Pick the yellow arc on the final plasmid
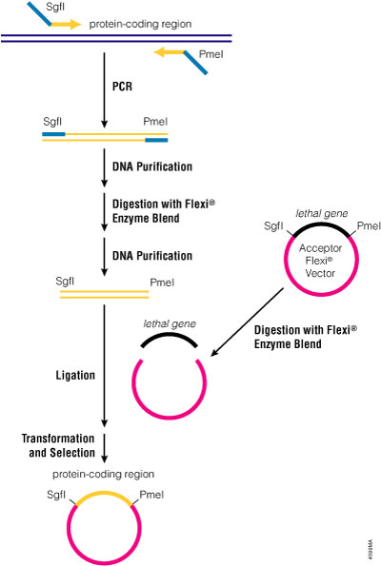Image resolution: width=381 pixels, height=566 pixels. point(101,498)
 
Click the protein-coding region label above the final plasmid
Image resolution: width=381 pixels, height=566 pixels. point(103,473)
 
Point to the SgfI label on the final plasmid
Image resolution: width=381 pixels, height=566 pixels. point(54,495)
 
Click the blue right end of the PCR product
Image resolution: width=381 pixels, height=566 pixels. point(156,141)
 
